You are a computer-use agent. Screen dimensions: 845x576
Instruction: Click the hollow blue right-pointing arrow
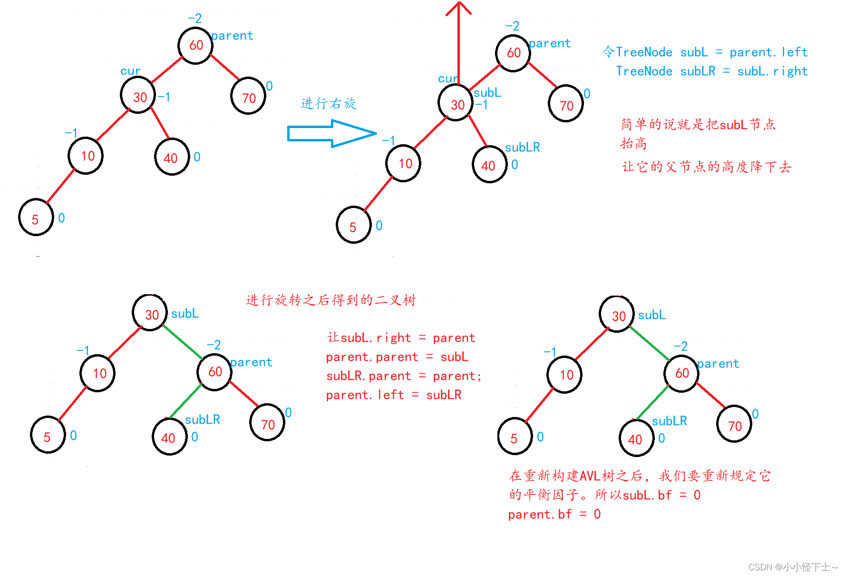pos(332,133)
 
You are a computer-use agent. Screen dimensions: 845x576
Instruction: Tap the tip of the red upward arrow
pos(459,2)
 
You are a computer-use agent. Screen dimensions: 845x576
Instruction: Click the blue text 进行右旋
pos(329,103)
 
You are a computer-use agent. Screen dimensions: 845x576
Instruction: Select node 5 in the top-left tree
pos(36,218)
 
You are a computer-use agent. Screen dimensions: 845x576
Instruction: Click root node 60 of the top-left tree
pos(195,46)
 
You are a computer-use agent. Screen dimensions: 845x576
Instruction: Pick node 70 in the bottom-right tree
pos(734,424)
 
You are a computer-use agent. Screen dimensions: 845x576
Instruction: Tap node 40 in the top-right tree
pos(489,165)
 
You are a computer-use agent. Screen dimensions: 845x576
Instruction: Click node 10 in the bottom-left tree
pos(98,373)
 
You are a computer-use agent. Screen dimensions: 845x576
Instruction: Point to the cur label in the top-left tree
pos(130,71)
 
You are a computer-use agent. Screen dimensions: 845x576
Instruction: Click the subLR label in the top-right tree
pos(522,147)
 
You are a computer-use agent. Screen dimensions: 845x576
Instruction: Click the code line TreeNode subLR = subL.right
pos(711,71)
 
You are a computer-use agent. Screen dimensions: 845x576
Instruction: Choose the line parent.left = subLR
pos(394,395)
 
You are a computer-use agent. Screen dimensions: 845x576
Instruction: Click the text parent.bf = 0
pos(554,515)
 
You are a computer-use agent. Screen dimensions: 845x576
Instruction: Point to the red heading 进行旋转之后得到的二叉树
pos(331,300)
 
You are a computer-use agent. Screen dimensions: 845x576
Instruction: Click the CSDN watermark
pos(793,567)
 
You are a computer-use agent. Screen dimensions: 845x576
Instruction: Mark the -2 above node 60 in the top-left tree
pos(195,19)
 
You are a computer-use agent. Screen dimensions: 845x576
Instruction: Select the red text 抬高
pos(634,143)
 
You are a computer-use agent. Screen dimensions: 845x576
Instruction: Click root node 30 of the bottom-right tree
pos(617,315)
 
